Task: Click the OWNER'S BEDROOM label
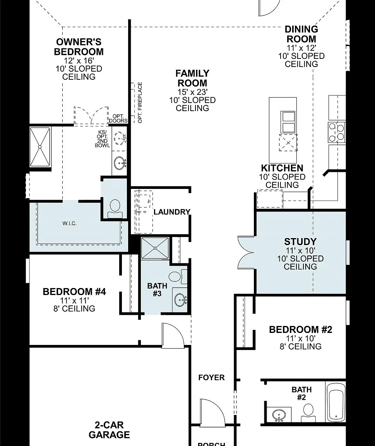point(79,47)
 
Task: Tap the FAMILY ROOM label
point(192,78)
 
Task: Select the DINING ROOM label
point(301,34)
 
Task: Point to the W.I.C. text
point(70,223)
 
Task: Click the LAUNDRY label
point(172,212)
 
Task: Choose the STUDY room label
point(300,242)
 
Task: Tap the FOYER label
point(212,377)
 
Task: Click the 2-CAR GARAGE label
point(109,430)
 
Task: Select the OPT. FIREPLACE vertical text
point(140,103)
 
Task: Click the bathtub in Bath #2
point(336,402)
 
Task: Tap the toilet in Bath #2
point(308,413)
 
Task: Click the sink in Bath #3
point(180,300)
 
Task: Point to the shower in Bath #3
point(155,248)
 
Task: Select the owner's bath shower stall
point(40,147)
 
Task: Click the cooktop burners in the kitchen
point(337,132)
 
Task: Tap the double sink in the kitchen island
point(288,122)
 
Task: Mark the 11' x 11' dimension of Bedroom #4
point(74,300)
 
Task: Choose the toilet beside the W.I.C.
point(115,209)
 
